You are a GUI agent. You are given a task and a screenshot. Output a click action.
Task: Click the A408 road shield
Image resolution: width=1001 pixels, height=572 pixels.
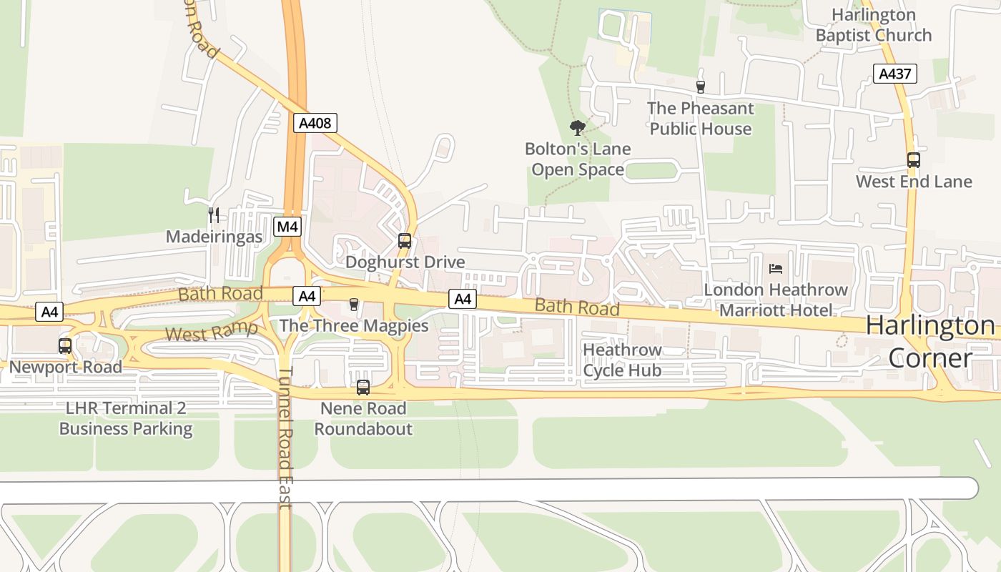pos(315,123)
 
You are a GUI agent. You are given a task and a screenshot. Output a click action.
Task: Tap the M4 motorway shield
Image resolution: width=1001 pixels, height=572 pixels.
pos(287,227)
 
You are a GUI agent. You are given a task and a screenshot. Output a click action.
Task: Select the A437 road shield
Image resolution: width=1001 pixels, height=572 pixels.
pos(894,73)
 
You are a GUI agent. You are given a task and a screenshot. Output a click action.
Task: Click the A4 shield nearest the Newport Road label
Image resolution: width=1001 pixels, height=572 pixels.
pos(49,312)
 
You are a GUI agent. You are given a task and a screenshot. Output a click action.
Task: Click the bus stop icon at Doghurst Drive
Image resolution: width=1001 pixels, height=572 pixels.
pos(405,241)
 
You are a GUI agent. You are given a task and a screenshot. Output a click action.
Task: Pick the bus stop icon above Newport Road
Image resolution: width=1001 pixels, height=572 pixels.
pos(65,346)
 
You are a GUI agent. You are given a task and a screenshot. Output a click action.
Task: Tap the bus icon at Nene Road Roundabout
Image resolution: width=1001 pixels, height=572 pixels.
pos(363,388)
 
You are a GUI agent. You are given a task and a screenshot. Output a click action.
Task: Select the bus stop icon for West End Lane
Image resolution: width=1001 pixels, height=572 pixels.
pos(913,160)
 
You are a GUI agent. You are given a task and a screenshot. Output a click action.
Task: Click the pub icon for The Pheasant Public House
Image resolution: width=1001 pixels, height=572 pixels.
pos(700,87)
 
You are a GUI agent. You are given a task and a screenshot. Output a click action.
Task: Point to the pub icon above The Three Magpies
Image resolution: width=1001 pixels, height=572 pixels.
pos(353,305)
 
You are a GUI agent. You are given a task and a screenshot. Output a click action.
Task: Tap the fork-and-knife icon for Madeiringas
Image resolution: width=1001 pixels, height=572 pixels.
pos(213,214)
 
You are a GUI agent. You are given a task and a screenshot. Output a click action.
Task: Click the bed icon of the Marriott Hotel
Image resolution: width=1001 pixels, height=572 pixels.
pos(776,269)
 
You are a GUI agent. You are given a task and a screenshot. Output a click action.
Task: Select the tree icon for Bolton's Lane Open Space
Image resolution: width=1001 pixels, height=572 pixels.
pos(577,128)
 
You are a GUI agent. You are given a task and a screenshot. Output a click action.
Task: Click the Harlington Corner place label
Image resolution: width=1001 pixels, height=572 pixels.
pos(929,342)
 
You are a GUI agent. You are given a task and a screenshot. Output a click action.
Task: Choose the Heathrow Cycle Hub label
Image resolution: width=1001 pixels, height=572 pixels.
pos(621,360)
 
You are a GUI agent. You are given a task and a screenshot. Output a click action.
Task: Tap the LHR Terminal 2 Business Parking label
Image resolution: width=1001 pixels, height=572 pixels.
pos(126,418)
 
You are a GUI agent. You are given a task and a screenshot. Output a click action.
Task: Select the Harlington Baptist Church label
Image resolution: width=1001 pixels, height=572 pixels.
pos(873,25)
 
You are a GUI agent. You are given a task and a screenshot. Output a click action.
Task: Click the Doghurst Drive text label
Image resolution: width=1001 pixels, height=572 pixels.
pos(405,262)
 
